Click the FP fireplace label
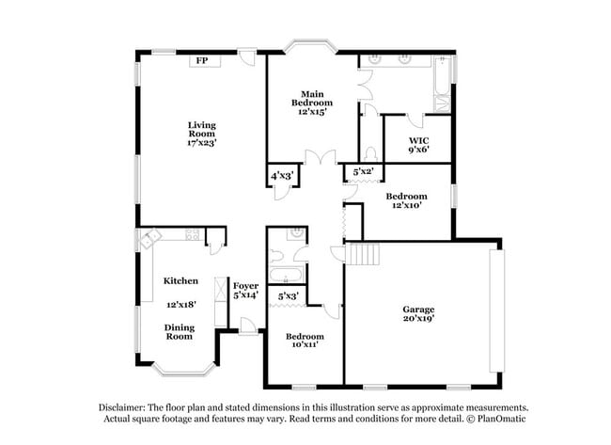tap(201, 61)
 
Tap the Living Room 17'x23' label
tap(201, 133)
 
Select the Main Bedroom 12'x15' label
tap(313, 103)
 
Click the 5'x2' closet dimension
tap(363, 172)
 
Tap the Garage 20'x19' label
tap(418, 313)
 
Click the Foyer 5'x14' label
tap(245, 290)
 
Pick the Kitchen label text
tap(180, 281)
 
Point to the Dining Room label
tap(180, 332)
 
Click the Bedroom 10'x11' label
tap(305, 341)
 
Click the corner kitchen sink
tap(147, 240)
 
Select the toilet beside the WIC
tap(370, 152)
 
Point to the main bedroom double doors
tap(325, 159)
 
